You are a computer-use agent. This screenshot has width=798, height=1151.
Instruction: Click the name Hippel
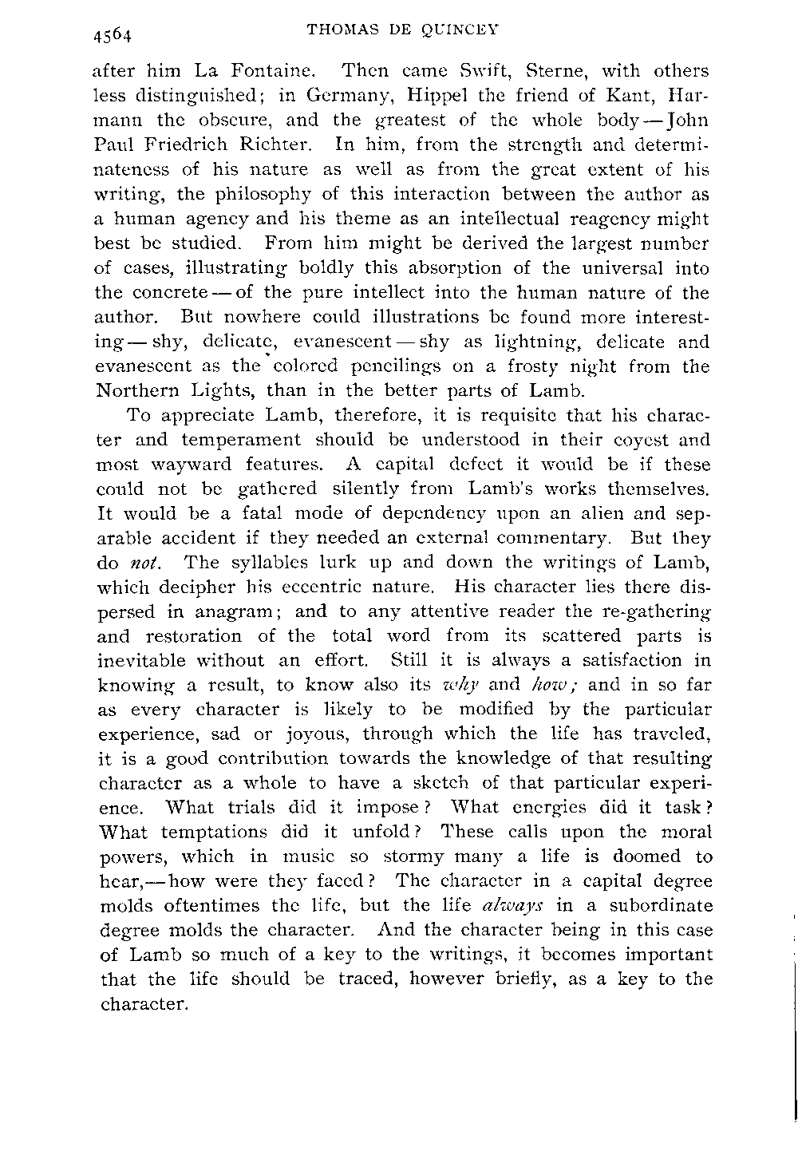point(409,96)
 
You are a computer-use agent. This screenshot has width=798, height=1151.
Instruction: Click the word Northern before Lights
point(137,391)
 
